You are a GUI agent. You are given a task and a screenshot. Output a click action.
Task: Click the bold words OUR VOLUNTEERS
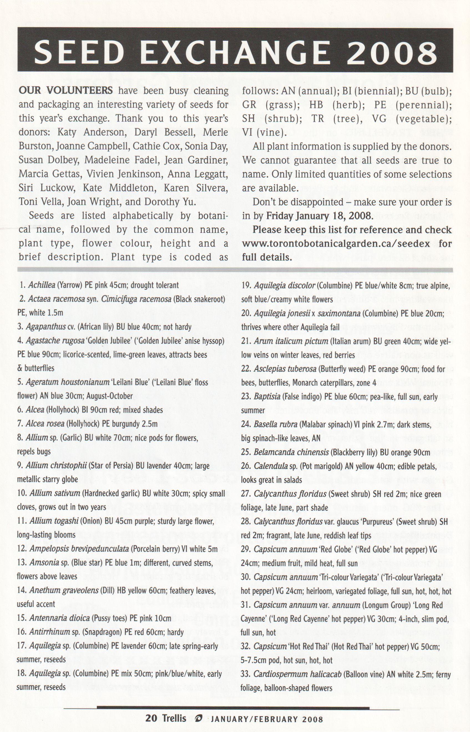point(65,91)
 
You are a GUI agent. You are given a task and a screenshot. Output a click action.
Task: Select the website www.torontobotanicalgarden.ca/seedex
point(336,244)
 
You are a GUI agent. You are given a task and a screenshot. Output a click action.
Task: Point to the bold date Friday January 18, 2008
point(319,216)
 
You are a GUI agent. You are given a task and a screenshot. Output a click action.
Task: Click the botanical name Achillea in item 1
point(42,285)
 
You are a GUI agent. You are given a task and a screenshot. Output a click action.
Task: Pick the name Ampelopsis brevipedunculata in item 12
point(79,549)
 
